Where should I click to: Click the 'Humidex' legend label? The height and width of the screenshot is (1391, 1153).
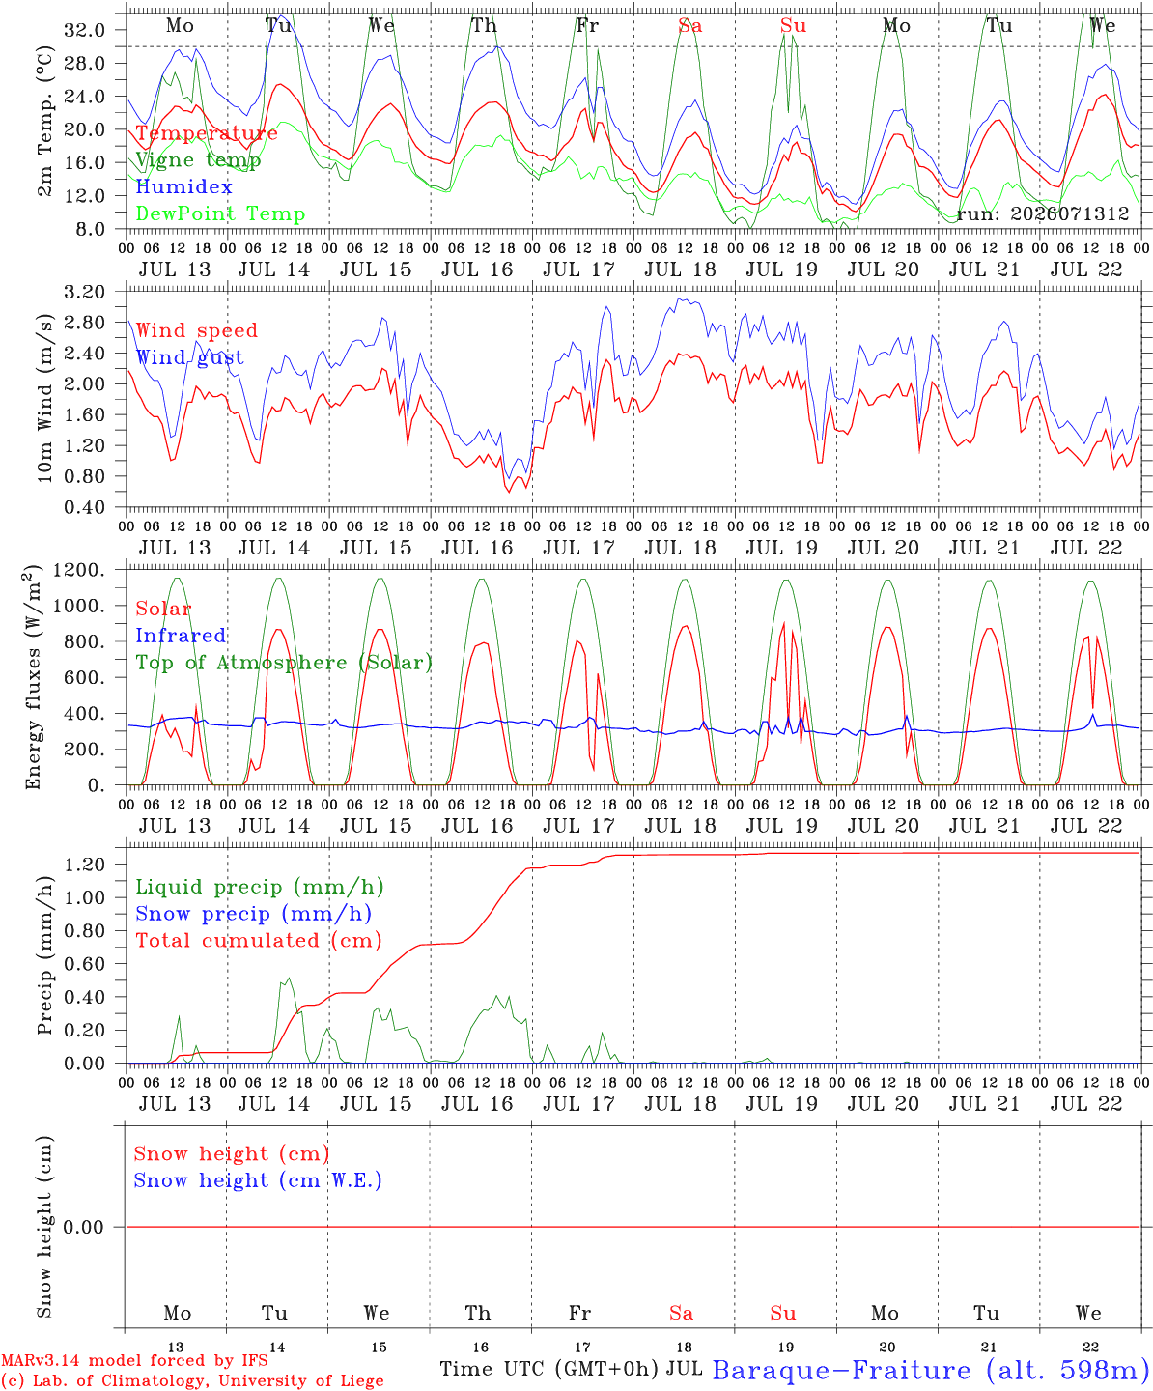tap(183, 186)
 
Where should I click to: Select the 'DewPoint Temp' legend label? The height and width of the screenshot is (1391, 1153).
tap(220, 213)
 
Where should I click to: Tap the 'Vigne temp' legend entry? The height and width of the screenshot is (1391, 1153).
tap(198, 160)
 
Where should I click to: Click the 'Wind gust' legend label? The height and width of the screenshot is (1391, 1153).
tap(190, 357)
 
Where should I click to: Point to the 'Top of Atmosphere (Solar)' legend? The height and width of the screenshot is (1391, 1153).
tap(285, 663)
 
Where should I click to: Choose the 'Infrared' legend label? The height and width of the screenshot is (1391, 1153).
tap(181, 636)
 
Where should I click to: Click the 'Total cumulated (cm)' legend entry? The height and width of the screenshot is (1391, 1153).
tap(259, 940)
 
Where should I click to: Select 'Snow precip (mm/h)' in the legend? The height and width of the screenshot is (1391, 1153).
tap(254, 914)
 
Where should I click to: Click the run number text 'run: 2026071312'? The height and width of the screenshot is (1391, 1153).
tap(1043, 213)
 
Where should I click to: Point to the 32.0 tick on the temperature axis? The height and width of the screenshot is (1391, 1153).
tap(85, 30)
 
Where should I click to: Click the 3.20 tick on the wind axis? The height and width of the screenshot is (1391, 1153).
tap(85, 292)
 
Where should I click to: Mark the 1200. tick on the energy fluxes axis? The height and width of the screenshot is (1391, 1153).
tap(79, 570)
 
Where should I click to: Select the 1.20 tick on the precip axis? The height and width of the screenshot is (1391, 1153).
tap(85, 864)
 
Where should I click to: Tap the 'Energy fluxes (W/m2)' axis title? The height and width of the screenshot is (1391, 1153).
tap(34, 677)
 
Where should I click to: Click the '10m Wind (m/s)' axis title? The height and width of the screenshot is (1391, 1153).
tap(44, 397)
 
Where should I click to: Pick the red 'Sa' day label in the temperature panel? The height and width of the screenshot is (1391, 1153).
tap(690, 25)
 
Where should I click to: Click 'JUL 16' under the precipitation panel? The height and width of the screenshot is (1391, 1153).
tap(478, 1104)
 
